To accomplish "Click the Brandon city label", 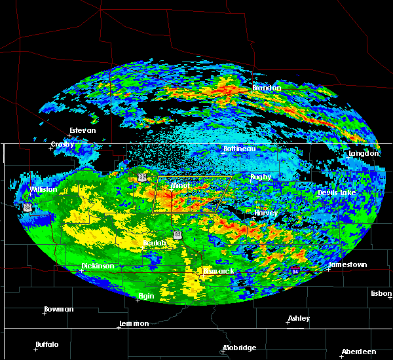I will point(267,88).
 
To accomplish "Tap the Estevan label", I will point(83,130).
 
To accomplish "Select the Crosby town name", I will point(63,144).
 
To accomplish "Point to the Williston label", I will point(43,190).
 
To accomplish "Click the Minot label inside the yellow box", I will point(179,186).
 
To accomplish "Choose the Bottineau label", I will point(239,149).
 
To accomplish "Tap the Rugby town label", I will point(260,177).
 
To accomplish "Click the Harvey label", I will point(266,213).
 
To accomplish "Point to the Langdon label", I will point(364,153).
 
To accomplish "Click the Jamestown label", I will point(348,265).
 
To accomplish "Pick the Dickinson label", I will point(98,266).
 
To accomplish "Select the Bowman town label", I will point(59,309).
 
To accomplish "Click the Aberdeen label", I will point(358,351).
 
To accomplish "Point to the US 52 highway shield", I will point(142,177).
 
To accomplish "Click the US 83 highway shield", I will point(178,234).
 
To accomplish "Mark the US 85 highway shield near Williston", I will point(27,206).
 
